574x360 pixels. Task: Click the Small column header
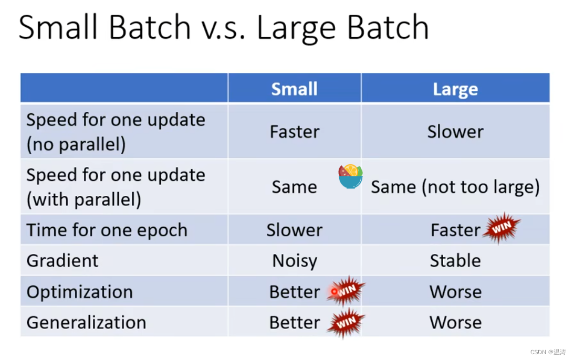tap(294, 89)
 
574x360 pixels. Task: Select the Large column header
tap(455, 89)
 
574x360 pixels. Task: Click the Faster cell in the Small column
tap(295, 132)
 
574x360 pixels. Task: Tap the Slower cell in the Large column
tap(455, 132)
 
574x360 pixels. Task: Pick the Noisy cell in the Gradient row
tap(295, 261)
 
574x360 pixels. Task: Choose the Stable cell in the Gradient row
tap(455, 261)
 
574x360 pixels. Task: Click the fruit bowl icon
tap(350, 176)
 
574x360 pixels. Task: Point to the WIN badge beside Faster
tap(502, 228)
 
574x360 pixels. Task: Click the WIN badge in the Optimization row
tap(346, 291)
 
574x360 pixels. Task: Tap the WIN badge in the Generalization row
tap(346, 323)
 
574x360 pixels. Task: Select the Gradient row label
tap(62, 261)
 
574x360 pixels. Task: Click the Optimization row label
tap(80, 292)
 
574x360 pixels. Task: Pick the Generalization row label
tap(87, 323)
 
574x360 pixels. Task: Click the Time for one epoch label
tap(107, 230)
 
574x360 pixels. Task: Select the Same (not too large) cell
tap(455, 187)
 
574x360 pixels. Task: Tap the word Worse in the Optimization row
tap(455, 292)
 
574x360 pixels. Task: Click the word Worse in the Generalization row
tap(455, 323)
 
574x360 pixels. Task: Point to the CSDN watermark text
tap(548, 352)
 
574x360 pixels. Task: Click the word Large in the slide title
tap(296, 28)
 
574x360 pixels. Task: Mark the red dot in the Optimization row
tap(334, 292)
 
